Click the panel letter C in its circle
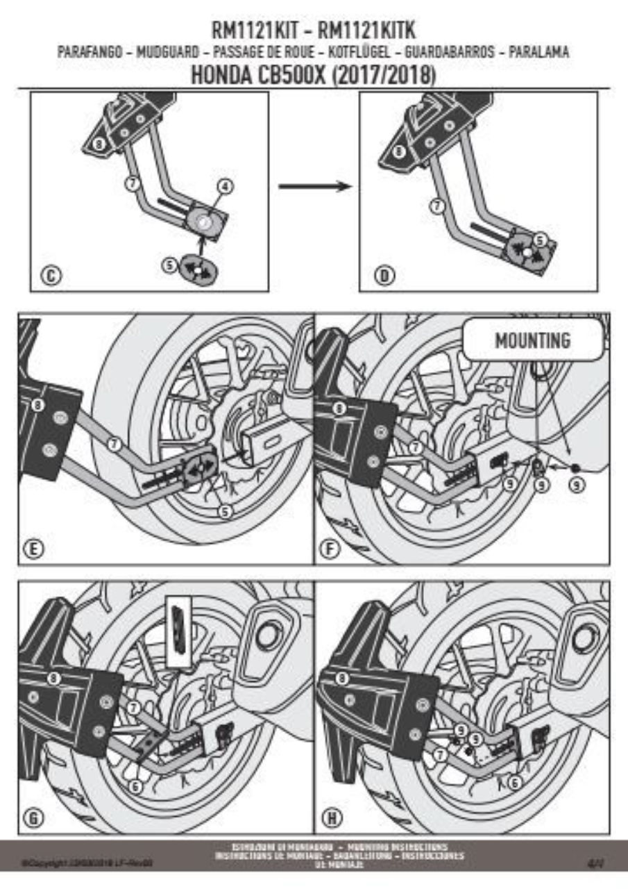click(51, 276)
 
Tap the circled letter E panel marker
click(33, 549)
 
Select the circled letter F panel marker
click(332, 549)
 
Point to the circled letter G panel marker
click(33, 817)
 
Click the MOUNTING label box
click(532, 340)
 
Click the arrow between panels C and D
click(312, 186)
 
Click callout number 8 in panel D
click(398, 152)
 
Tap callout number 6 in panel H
click(514, 782)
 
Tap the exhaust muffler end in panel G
click(267, 633)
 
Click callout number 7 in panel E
click(116, 441)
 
